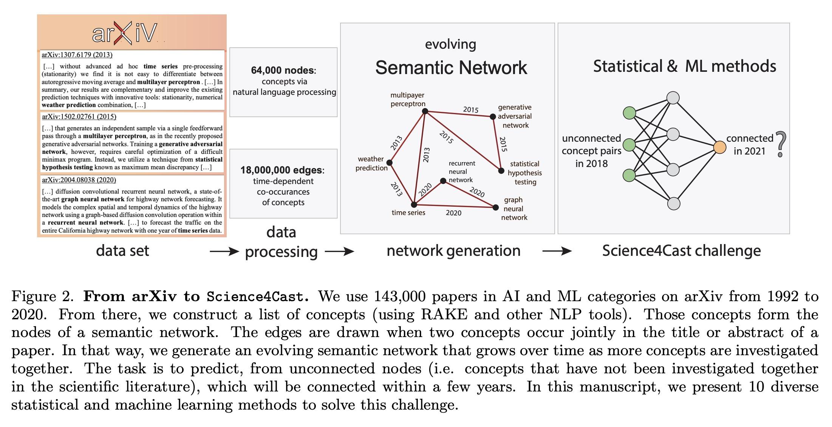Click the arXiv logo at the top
pos(124,33)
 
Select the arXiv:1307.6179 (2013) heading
pos(77,55)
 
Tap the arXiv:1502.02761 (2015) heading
pos(79,117)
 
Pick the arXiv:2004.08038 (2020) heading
pos(79,180)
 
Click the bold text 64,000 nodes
pos(283,70)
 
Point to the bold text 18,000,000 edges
pos(281,170)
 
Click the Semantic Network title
pos(451,68)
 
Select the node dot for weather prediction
pos(390,163)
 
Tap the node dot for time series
pos(414,205)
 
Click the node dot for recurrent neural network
pos(444,181)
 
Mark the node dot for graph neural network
pos(495,207)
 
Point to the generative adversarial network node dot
pos(493,117)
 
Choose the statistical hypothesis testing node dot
pos(501,171)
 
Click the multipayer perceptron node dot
pos(425,111)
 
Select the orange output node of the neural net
pos(720,147)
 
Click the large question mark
pos(781,144)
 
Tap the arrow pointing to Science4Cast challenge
pos(557,251)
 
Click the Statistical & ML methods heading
pos(684,67)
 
